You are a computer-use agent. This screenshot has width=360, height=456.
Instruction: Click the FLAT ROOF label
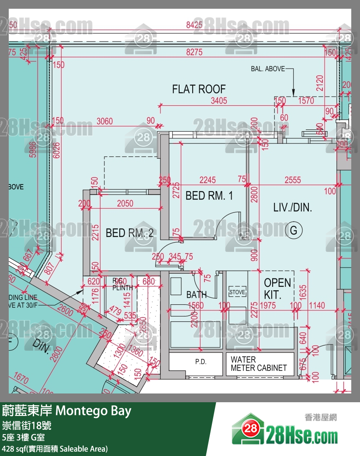click(199, 89)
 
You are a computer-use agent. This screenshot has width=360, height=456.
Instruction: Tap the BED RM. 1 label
click(209, 195)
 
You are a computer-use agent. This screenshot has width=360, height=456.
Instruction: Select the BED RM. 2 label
click(129, 233)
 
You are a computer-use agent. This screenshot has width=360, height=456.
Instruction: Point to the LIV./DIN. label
click(293, 208)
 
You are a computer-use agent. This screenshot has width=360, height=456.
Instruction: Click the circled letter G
click(294, 230)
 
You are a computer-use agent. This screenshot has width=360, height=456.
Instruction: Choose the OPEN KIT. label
click(277, 289)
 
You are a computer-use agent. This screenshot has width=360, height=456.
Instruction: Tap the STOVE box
click(238, 292)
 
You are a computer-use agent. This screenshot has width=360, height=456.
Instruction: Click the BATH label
click(197, 295)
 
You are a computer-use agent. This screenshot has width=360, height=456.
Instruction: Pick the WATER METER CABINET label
click(259, 364)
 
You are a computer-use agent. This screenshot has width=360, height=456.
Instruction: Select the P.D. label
click(201, 362)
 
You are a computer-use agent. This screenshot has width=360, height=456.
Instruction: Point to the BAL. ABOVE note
click(268, 69)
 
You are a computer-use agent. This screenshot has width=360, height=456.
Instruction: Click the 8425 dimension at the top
click(194, 25)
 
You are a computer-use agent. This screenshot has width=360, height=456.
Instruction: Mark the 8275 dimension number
click(194, 52)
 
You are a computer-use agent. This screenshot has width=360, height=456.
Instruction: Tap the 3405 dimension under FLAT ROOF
click(218, 101)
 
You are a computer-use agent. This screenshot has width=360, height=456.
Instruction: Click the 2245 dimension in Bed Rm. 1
click(208, 180)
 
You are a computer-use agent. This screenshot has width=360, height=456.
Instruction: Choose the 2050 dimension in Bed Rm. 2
click(125, 203)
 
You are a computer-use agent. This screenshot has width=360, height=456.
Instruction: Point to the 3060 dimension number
click(104, 121)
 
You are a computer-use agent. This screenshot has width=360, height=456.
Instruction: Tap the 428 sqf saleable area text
click(55, 449)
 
